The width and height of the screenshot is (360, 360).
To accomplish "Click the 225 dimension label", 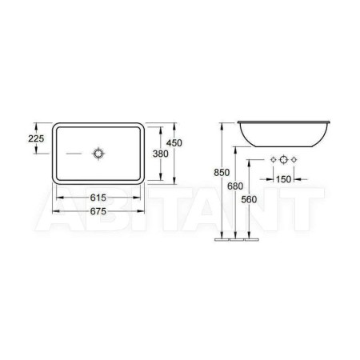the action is [36, 138].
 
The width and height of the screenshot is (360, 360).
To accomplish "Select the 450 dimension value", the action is [174, 143].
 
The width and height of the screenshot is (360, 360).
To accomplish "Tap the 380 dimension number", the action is [161, 154].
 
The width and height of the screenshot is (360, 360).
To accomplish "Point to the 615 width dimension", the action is [98, 198].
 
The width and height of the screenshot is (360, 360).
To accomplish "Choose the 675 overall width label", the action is [98, 211].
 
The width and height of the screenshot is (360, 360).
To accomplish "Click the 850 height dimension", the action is [222, 173].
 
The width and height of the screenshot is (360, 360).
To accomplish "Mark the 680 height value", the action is [235, 186].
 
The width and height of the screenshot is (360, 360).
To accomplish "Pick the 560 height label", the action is [249, 199].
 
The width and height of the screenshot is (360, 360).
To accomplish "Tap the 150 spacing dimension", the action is [283, 179].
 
